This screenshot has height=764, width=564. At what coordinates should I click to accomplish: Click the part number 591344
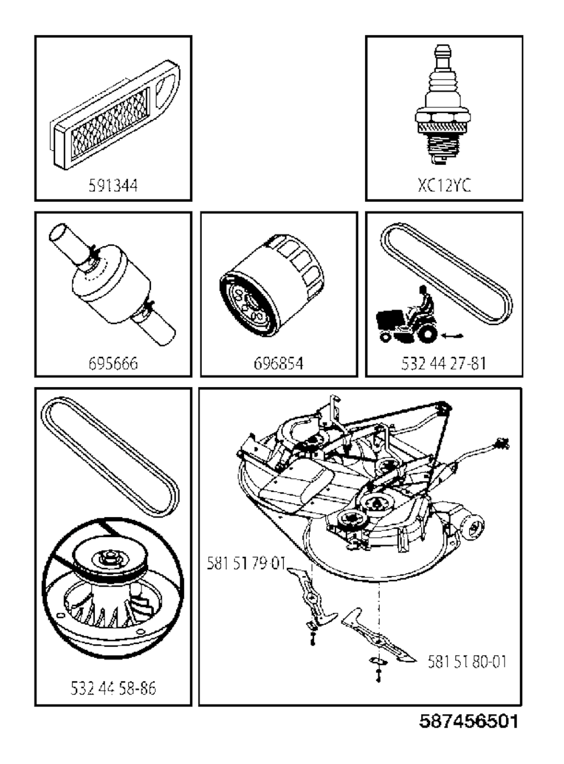click(x=113, y=186)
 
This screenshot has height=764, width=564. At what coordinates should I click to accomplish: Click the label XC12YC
click(x=444, y=185)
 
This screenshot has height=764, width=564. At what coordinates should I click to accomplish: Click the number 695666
click(x=113, y=364)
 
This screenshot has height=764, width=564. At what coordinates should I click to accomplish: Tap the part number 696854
click(x=278, y=364)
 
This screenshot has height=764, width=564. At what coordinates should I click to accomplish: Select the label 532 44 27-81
click(x=444, y=364)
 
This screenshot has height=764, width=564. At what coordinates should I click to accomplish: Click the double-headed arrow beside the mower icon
click(x=453, y=334)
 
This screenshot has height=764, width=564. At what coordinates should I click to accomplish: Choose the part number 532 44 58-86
click(x=113, y=688)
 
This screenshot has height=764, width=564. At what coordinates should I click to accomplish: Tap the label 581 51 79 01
click(x=246, y=563)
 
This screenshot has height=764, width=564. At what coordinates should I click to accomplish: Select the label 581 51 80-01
click(x=467, y=662)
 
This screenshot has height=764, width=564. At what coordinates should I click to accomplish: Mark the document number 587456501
click(x=468, y=721)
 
